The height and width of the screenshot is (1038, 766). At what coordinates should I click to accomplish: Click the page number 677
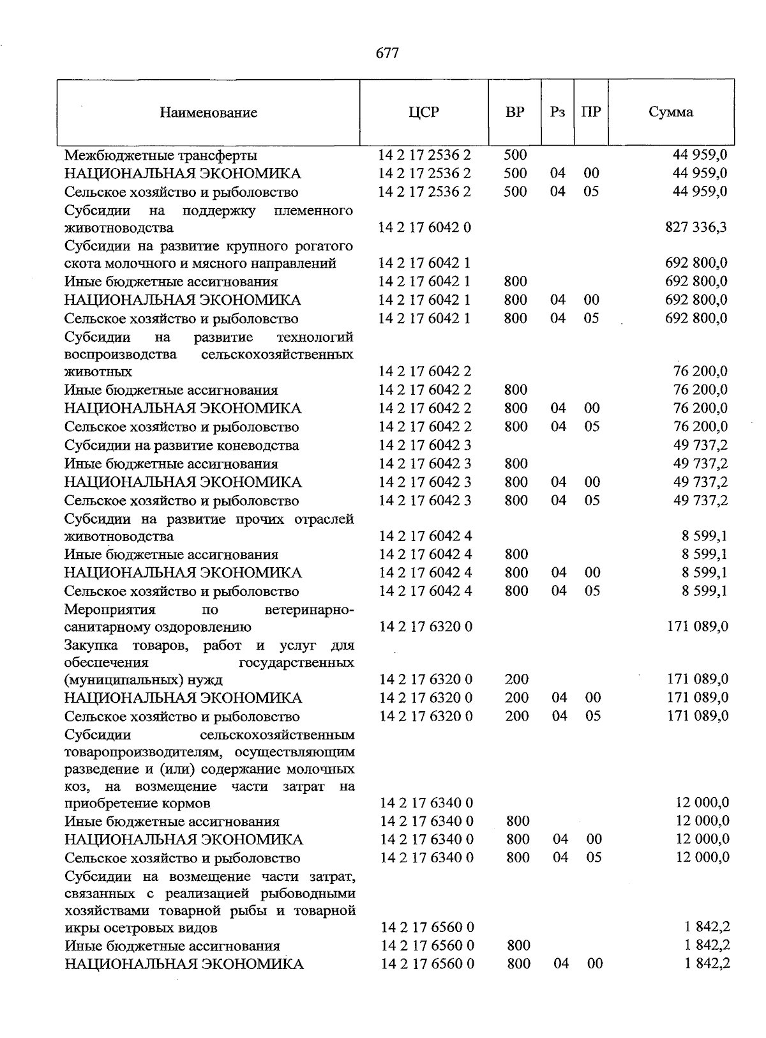click(387, 53)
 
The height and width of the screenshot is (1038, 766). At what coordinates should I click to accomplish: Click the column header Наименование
click(209, 113)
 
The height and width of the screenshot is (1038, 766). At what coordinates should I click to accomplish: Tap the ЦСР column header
click(424, 112)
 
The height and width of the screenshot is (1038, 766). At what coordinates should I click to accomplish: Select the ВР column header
click(514, 112)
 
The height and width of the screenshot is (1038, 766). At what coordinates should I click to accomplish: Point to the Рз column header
click(557, 112)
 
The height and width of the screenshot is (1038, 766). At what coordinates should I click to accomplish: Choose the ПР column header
click(591, 112)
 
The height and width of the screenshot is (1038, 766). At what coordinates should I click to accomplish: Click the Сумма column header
click(670, 112)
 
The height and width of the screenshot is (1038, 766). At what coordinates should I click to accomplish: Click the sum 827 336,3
click(696, 227)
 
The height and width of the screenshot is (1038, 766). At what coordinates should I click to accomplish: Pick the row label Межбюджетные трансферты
click(161, 155)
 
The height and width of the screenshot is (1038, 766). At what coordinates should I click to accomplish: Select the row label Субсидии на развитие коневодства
click(182, 445)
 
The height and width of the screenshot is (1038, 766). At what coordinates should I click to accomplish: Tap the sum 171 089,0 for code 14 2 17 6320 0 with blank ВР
click(697, 627)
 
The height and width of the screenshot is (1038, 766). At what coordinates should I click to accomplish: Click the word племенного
click(313, 210)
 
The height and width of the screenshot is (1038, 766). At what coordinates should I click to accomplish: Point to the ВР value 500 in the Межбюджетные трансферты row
click(515, 155)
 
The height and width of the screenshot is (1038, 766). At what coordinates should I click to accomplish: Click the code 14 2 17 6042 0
click(425, 227)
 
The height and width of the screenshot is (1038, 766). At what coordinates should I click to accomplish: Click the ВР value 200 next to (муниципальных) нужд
click(516, 680)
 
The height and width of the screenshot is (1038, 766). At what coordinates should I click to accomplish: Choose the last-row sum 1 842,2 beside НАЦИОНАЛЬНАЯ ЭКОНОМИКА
click(707, 963)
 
